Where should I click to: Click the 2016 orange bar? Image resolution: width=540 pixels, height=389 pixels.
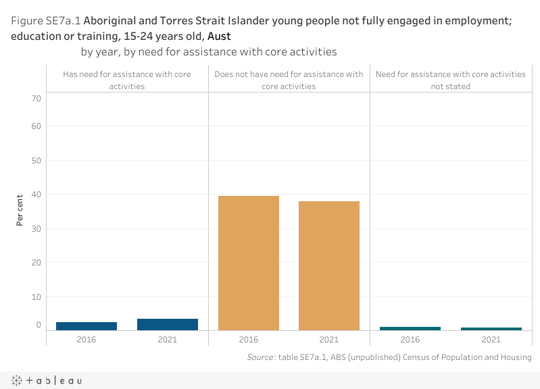click(x=248, y=263)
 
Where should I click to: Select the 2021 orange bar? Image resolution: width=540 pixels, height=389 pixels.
click(x=329, y=265)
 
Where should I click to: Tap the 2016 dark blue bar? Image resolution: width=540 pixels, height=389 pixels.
click(x=87, y=326)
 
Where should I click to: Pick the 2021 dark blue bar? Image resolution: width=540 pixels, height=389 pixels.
click(x=168, y=324)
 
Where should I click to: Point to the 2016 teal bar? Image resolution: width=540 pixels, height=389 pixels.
click(x=410, y=328)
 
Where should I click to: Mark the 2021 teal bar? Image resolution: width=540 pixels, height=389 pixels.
click(x=491, y=329)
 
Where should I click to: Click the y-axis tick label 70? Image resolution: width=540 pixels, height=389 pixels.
click(x=36, y=99)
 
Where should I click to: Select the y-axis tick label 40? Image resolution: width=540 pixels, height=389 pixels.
click(x=36, y=194)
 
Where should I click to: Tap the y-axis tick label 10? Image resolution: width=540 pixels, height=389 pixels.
click(x=36, y=296)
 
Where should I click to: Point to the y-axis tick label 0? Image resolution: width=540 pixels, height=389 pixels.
click(x=39, y=325)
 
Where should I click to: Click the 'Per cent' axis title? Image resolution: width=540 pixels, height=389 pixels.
click(x=20, y=211)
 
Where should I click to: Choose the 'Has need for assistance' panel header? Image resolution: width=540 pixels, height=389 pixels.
click(x=127, y=80)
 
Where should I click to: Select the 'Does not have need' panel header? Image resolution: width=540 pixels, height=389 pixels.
click(x=289, y=80)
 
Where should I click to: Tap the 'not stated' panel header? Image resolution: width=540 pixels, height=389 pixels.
click(x=451, y=80)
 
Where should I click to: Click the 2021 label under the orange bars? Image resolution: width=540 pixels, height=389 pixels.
click(x=329, y=339)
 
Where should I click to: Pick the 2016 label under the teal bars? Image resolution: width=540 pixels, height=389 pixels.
click(x=410, y=339)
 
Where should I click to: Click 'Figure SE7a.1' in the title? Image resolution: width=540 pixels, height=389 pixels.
click(x=45, y=20)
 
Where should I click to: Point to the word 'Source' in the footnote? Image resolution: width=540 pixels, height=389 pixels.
click(x=260, y=357)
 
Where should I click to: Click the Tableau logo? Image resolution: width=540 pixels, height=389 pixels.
click(x=47, y=381)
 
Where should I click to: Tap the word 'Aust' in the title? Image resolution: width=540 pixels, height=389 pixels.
click(x=219, y=36)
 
